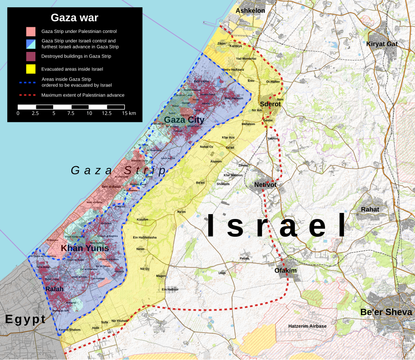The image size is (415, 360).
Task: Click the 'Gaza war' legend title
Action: pos(74,18)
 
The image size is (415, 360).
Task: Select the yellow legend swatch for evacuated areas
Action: pos(30,69)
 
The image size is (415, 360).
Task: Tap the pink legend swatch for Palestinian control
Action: pos(30,32)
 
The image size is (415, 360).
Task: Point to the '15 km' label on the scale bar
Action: pos(129,113)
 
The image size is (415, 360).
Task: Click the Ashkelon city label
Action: pos(250,10)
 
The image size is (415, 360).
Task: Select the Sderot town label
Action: pos(270,104)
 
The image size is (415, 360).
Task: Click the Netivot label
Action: pos(265,185)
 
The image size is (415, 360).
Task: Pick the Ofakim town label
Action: pos(286,270)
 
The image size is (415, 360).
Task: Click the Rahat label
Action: pos(370,209)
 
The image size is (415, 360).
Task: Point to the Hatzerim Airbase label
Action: pos(307,326)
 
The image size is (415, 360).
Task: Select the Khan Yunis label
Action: pos(85,248)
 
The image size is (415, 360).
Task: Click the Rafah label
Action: pos(54,289)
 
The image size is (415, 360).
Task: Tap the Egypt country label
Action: pos(25,319)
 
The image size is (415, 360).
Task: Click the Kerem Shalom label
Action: pos(70,330)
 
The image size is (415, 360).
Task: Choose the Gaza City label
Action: pos(184,120)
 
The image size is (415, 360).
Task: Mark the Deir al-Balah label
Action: pos(111,186)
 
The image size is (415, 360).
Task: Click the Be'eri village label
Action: pos(200,183)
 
